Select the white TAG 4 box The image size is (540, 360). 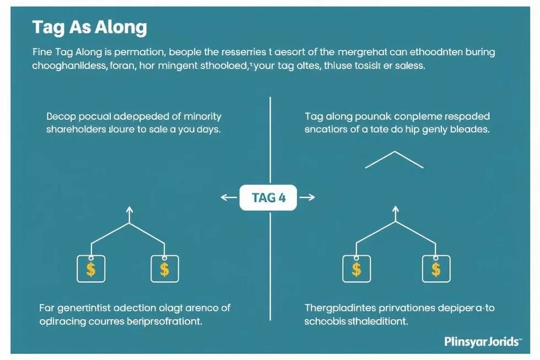(x=268, y=198)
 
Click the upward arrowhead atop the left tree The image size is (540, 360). (x=129, y=210)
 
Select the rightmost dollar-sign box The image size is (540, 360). (x=436, y=268)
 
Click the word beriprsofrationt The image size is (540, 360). (x=160, y=321)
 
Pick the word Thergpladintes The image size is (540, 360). (x=344, y=308)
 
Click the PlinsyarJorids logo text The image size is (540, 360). (x=482, y=342)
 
